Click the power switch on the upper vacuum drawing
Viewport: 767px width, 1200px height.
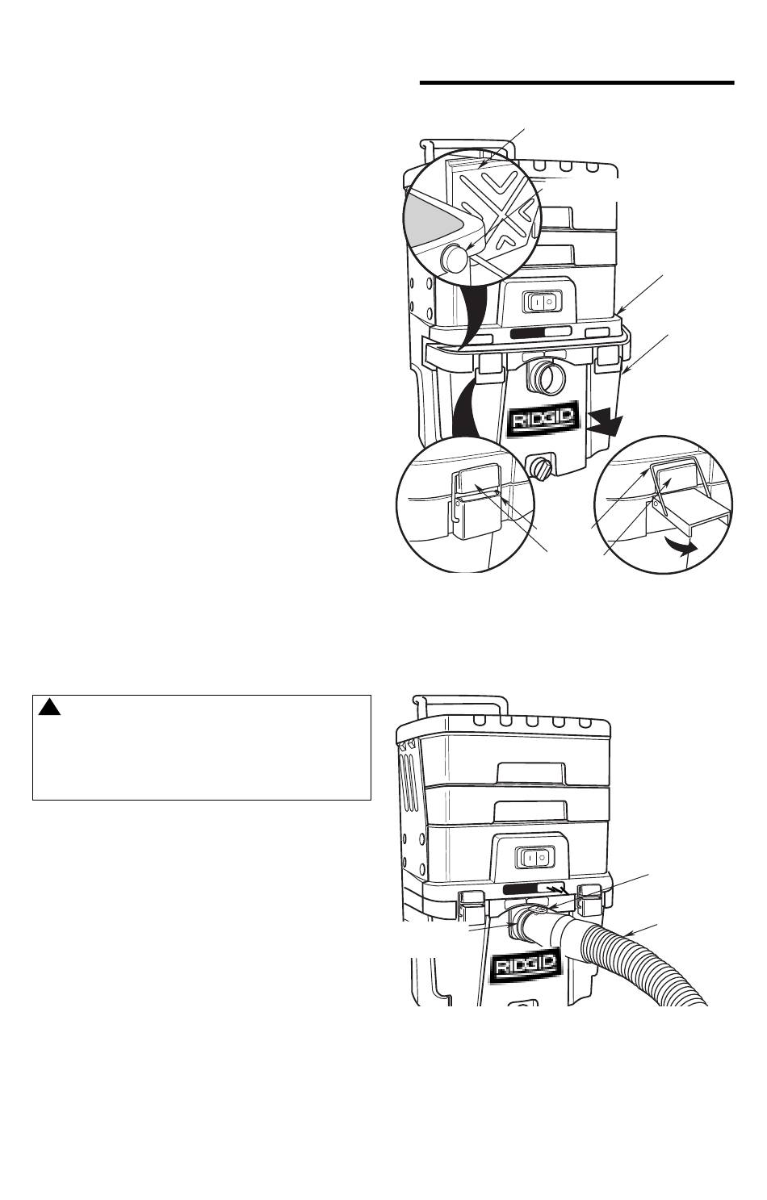(x=543, y=302)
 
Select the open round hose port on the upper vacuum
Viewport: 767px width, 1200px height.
(x=546, y=378)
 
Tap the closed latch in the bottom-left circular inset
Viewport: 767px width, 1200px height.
(x=477, y=502)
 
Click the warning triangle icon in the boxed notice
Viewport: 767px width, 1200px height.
(x=48, y=707)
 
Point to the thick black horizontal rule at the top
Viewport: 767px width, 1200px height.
(x=576, y=82)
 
